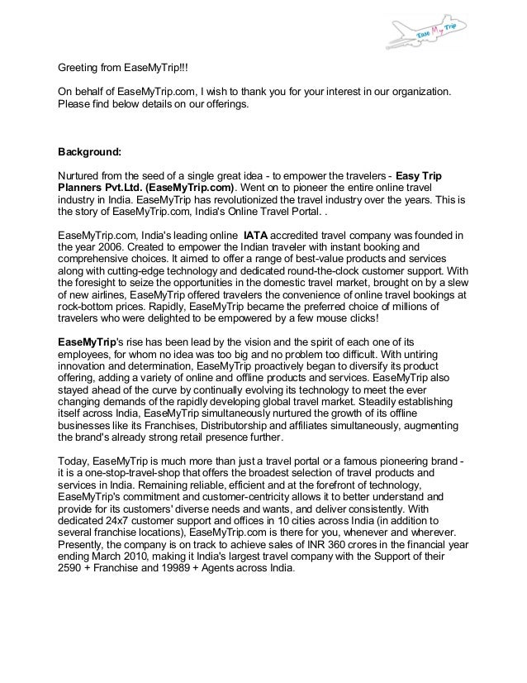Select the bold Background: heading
pyautogui.click(x=88, y=152)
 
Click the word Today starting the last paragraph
pyautogui.click(x=74, y=461)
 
